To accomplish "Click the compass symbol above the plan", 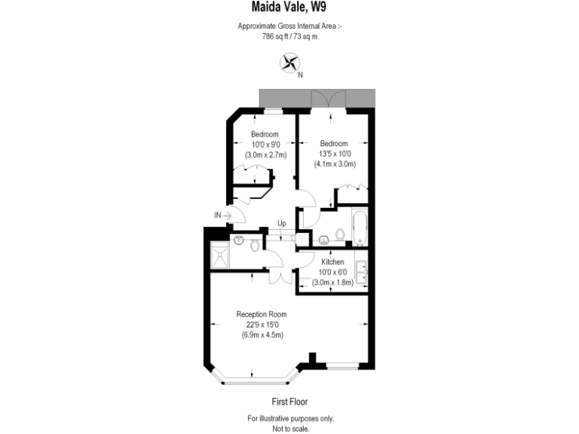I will pyautogui.click(x=289, y=63).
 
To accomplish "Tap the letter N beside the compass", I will pyautogui.click(x=300, y=75).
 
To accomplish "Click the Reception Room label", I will pyautogui.click(x=261, y=314).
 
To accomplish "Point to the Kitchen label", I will pyautogui.click(x=332, y=261).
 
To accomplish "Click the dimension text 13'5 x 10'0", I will pyautogui.click(x=333, y=154).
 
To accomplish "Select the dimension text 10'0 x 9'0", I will pyautogui.click(x=265, y=145).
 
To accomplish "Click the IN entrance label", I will pyautogui.click(x=217, y=215).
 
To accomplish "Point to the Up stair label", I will pyautogui.click(x=281, y=223).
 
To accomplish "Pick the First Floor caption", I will pyautogui.click(x=289, y=402).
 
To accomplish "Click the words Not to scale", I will pyautogui.click(x=290, y=428).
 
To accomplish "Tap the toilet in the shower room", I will pyautogui.click(x=255, y=246).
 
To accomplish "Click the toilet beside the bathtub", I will pyautogui.click(x=339, y=236).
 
